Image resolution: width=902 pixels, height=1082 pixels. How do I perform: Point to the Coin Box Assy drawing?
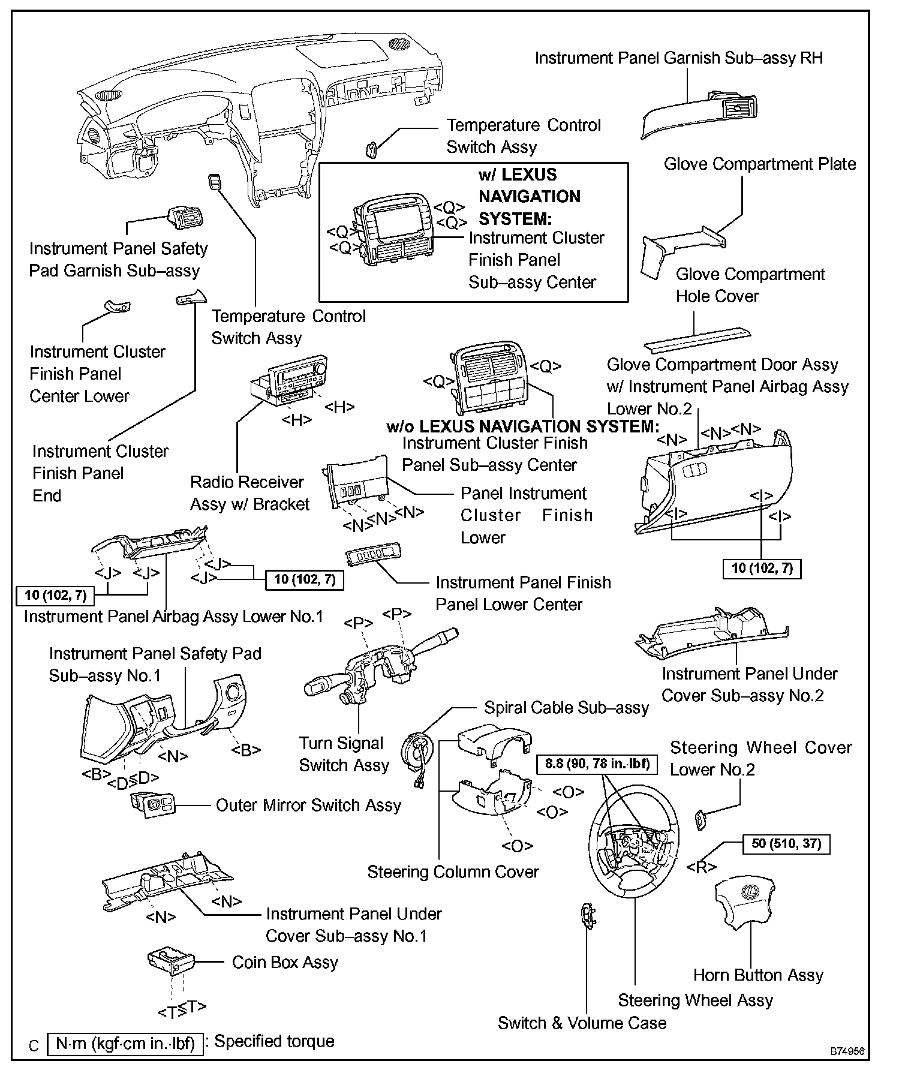coord(170,961)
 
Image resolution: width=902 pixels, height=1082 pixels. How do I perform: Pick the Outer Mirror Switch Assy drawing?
coord(154,803)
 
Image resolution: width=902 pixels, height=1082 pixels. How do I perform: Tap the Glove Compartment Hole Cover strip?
coord(696,340)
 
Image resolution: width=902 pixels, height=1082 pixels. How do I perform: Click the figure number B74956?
coord(847,1051)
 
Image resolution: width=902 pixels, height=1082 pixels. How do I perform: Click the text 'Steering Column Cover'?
coord(453,872)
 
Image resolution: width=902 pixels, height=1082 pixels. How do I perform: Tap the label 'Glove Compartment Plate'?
coord(759,164)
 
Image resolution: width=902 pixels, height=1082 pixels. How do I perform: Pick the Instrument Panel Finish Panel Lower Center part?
coord(373,555)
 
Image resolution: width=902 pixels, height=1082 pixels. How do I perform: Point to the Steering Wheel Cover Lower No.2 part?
coord(700,819)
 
